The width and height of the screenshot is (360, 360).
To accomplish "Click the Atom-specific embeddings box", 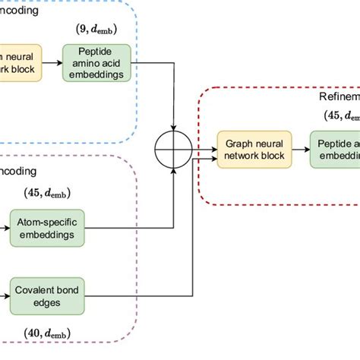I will [47, 226].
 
